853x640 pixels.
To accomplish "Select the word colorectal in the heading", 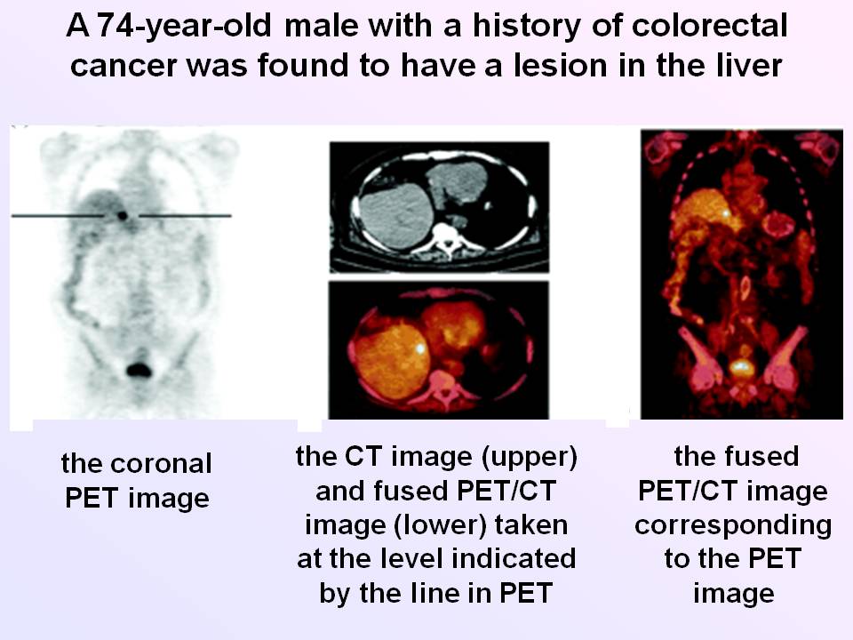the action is tap(709, 26).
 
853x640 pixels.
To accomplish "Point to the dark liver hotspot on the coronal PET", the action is tap(123, 216).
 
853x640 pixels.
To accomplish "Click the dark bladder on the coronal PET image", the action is tap(139, 370).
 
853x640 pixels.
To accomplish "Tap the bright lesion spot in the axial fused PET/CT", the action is tap(420, 348).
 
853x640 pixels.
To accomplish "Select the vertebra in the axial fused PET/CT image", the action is tap(445, 384).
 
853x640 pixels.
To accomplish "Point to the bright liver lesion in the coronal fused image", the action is tap(725, 213).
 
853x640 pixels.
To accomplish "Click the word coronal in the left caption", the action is tap(161, 464).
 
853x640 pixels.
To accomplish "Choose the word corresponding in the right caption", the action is tap(733, 525).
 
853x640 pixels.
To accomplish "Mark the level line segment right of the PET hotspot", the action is tap(185, 216).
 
